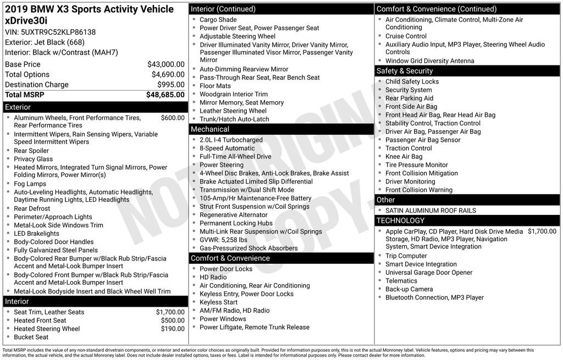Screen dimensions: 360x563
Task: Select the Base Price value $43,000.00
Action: tap(165, 64)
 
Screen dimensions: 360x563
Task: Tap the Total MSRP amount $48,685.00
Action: tap(165, 95)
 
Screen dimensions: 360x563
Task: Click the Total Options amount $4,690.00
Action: tap(168, 74)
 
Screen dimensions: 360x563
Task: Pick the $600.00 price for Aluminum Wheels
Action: tap(173, 118)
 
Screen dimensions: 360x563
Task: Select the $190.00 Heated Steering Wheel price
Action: tap(173, 329)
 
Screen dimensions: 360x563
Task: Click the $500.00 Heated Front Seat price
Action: tap(173, 320)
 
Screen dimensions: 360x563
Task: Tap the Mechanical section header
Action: tap(210, 129)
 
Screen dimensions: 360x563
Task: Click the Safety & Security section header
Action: tap(405, 71)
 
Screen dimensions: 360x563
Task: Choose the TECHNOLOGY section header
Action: tap(400, 220)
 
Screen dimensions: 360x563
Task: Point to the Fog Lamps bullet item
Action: tap(30, 184)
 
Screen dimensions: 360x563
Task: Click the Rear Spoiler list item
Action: tap(31, 151)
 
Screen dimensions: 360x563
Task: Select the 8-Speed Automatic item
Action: tap(227, 148)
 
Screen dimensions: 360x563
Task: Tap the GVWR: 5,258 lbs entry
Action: tap(223, 240)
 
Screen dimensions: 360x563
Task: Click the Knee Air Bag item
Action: tap(404, 157)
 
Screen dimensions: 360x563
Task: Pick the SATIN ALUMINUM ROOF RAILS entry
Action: tap(430, 211)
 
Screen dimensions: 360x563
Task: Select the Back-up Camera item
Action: tap(409, 289)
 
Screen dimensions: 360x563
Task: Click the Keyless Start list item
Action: tap(218, 302)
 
